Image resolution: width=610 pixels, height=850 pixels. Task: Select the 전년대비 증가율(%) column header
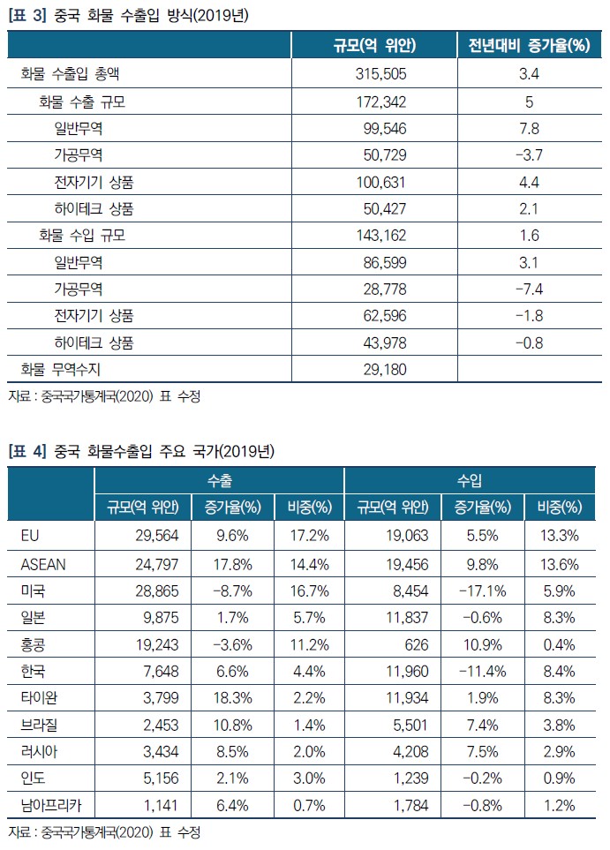(x=529, y=46)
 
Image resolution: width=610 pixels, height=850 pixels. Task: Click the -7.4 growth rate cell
(x=529, y=289)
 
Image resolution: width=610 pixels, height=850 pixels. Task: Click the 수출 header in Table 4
(x=219, y=480)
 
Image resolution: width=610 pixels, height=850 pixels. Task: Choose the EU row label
(x=28, y=536)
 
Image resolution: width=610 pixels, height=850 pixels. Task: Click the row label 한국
(x=32, y=670)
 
